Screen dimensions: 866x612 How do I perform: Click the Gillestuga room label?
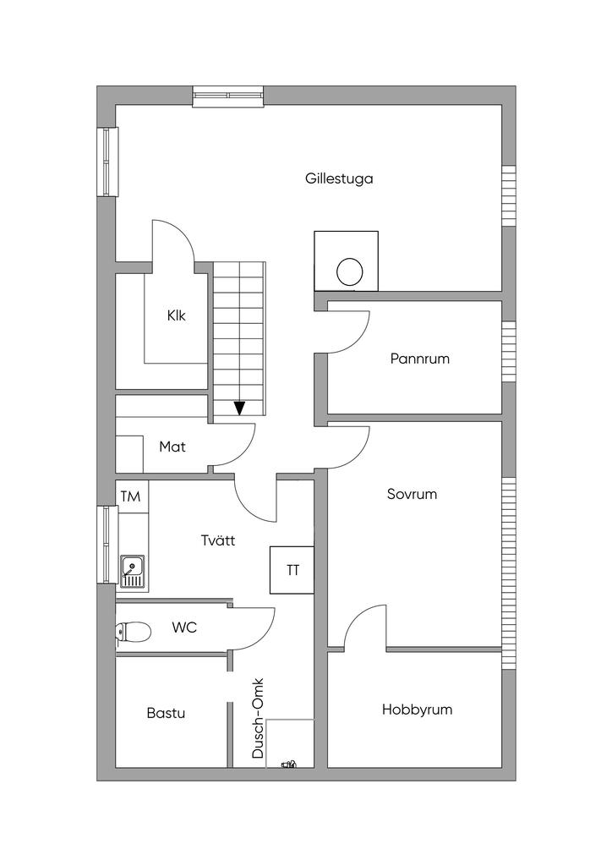click(339, 178)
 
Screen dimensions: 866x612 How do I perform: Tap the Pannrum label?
click(419, 359)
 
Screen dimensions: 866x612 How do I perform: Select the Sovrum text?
click(412, 494)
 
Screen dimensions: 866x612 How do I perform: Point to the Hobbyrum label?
click(417, 710)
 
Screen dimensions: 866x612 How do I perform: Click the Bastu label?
click(166, 713)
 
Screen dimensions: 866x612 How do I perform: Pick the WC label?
click(184, 628)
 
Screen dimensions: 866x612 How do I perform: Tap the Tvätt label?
click(218, 539)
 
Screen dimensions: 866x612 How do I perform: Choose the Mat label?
click(172, 446)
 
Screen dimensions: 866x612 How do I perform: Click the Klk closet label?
click(176, 315)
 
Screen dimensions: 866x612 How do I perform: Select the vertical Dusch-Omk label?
click(260, 718)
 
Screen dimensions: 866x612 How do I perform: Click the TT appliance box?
click(292, 570)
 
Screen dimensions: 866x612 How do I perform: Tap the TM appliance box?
click(130, 496)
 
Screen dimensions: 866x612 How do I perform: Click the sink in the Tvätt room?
click(132, 572)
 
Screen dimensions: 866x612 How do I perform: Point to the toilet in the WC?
click(132, 631)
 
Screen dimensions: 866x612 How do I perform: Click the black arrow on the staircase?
click(240, 408)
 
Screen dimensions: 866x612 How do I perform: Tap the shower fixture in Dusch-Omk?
click(290, 764)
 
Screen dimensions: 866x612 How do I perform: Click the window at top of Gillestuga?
click(228, 96)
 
